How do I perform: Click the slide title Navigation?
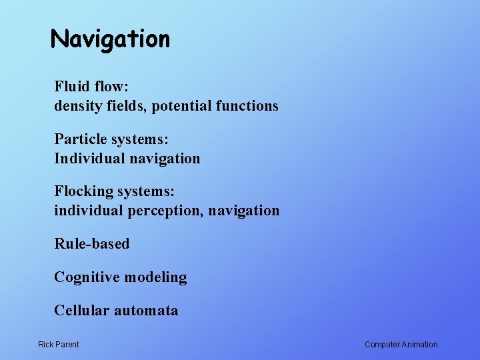[111, 39]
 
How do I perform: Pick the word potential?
[181, 106]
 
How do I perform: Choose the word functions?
[247, 106]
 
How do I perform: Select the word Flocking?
[84, 191]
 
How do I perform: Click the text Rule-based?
[92, 243]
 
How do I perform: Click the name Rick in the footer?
[47, 345]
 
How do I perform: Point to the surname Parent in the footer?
[67, 345]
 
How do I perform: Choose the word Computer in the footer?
[383, 345]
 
